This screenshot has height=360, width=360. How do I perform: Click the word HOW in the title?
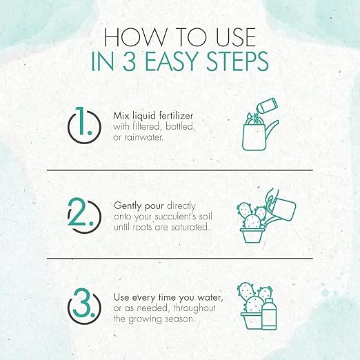[135, 37]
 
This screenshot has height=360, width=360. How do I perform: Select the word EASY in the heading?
[172, 61]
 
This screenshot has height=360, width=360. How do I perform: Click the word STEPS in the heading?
[238, 61]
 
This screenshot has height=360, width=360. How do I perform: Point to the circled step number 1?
[84, 126]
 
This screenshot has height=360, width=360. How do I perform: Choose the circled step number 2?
[84, 215]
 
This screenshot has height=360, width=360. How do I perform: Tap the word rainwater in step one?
[143, 137]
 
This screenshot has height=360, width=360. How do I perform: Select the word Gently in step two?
[128, 206]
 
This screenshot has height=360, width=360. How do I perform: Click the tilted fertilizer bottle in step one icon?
[267, 106]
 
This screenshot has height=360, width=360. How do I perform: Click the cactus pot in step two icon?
[251, 235]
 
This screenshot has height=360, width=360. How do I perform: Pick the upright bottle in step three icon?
[269, 314]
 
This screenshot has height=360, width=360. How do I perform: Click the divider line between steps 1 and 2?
[180, 170]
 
